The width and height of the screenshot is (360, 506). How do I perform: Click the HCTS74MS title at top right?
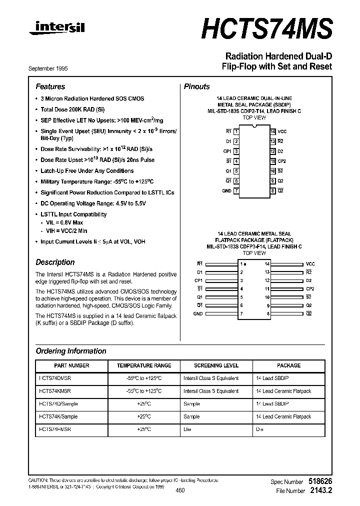(x=266, y=28)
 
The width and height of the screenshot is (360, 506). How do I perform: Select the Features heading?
(x=50, y=86)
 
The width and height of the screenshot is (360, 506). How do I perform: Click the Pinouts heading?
(x=197, y=86)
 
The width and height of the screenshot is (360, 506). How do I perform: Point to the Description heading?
(x=55, y=262)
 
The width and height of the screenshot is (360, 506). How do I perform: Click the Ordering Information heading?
(x=71, y=351)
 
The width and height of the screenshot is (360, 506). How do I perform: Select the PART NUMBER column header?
(x=71, y=365)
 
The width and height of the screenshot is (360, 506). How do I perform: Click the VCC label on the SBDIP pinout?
(x=282, y=130)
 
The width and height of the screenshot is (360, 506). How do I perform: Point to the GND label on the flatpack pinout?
(x=198, y=313)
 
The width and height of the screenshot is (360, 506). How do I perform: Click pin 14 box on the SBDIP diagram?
(x=273, y=130)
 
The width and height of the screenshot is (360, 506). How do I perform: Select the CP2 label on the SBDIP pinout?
(x=282, y=161)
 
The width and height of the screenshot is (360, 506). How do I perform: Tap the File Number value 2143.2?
(x=320, y=491)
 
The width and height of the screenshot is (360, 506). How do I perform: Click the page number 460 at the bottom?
(x=180, y=490)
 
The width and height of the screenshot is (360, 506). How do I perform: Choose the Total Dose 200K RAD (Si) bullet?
(x=72, y=109)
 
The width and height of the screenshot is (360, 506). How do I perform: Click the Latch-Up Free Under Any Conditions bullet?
(x=87, y=171)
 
